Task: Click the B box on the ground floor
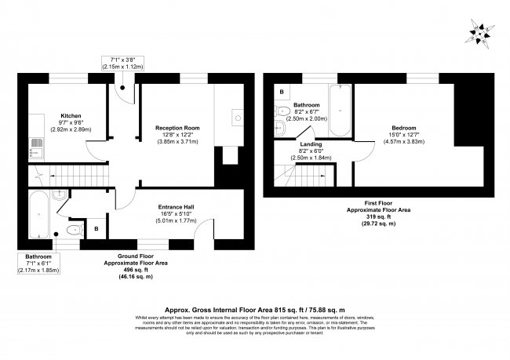pos(97,229)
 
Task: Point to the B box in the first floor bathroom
pos(280,92)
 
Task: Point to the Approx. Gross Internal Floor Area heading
pos(254,309)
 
